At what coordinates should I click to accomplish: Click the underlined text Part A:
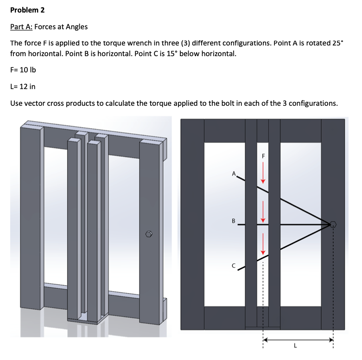[20, 26]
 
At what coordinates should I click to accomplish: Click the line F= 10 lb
[23, 70]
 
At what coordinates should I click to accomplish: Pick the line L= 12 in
[23, 86]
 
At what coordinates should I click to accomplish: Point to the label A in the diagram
[235, 174]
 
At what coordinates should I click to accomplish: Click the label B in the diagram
[234, 220]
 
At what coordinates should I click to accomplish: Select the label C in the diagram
[234, 265]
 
